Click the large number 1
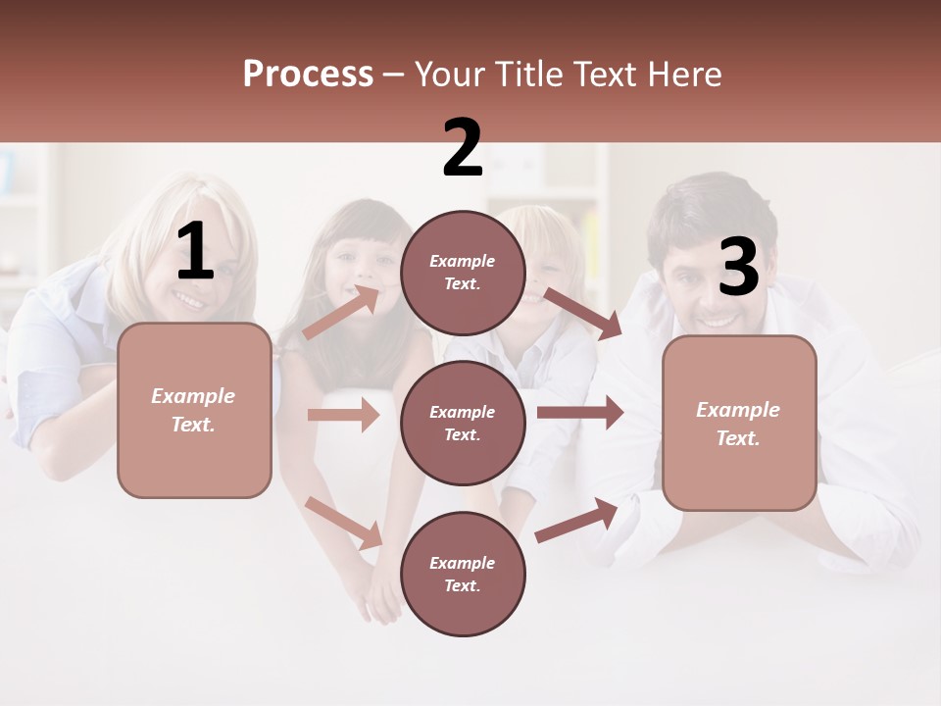(195, 251)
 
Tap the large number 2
(463, 149)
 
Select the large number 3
(738, 267)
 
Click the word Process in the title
(308, 74)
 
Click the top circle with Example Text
(463, 273)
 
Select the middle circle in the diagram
(463, 423)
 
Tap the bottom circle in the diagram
(463, 574)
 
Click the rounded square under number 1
(194, 410)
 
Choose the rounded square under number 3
(739, 423)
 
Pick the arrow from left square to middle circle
(343, 416)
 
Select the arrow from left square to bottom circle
(344, 522)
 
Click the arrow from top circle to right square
(583, 313)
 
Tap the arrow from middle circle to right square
(580, 413)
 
